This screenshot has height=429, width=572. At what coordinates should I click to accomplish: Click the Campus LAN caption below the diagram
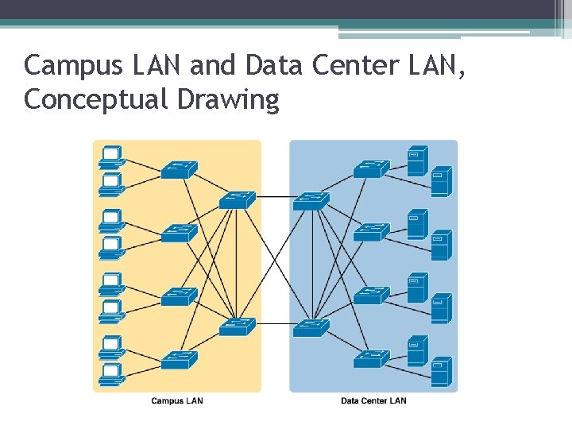(176, 400)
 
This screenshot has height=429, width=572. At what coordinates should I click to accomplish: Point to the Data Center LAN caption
(373, 400)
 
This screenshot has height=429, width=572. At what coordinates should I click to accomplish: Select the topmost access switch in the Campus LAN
(179, 169)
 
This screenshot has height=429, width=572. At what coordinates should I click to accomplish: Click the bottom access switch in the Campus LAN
(179, 360)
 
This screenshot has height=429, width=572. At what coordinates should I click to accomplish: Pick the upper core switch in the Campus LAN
(237, 200)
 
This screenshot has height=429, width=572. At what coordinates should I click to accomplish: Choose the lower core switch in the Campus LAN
(237, 326)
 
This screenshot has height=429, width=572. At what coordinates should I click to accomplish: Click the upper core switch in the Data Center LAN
(311, 200)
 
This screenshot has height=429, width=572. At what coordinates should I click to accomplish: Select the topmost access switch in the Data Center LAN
(371, 169)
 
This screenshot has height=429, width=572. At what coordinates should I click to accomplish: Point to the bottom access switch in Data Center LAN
(371, 360)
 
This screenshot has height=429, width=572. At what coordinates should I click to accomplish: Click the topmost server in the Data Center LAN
(417, 160)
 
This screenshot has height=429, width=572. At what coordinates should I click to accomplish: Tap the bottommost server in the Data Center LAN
(441, 372)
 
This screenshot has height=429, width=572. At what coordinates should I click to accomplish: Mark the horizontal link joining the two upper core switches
(274, 196)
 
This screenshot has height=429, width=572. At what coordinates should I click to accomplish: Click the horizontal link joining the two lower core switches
(274, 324)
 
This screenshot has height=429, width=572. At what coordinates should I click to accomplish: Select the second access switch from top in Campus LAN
(179, 233)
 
